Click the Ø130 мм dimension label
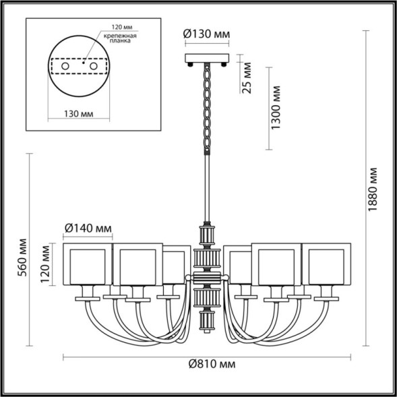tap(208, 34)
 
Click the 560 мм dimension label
tap(24, 257)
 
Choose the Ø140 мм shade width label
tap(88, 228)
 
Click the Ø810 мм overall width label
tap(211, 365)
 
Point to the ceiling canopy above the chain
tap(208, 60)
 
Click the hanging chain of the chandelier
tap(208, 108)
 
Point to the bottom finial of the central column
tap(208, 322)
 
